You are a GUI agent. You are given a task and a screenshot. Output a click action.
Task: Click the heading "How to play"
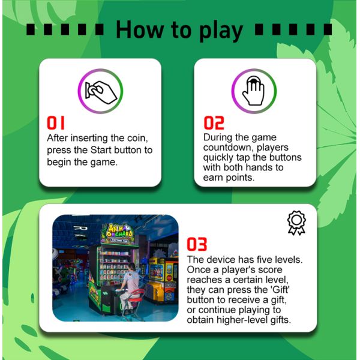tap(179, 31)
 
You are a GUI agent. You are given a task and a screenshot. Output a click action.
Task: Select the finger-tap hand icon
tap(253, 91)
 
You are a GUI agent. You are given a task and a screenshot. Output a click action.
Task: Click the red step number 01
tap(56, 123)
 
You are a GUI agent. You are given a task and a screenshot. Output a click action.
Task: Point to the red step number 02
tap(214, 123)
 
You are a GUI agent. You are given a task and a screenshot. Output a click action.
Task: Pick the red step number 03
tap(197, 244)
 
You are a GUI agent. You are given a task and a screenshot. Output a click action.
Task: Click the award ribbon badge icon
tap(296, 223)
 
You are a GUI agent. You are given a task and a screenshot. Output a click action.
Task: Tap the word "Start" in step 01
tap(101, 150)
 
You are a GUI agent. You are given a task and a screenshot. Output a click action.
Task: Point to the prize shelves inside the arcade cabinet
tap(113, 266)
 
